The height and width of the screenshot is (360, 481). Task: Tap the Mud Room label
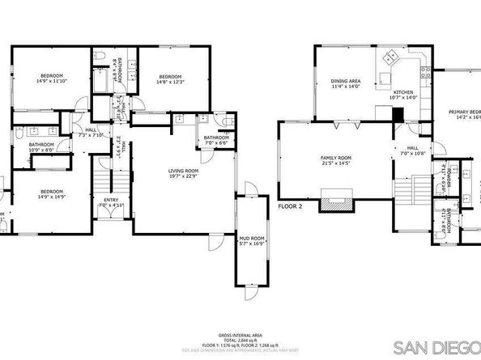click(x=252, y=239)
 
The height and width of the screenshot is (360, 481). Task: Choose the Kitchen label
click(x=403, y=92)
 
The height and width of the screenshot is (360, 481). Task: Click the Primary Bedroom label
click(x=465, y=114)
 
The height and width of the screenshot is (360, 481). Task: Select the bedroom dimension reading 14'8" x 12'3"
click(x=171, y=80)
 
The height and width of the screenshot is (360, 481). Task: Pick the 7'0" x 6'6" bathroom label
click(x=216, y=142)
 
